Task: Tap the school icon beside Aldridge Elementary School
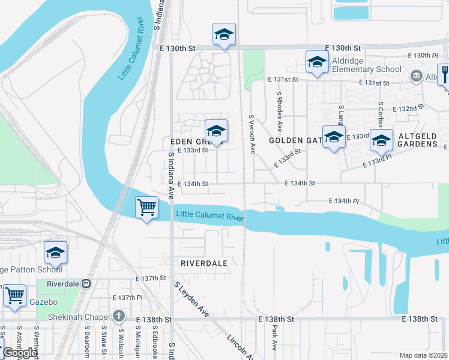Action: point(316,61)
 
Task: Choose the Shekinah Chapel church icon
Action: point(119,316)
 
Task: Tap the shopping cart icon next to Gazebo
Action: point(14,296)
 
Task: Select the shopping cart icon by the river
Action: point(146,208)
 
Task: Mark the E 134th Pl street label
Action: point(343,201)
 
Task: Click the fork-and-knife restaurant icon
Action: point(445,75)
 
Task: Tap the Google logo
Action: point(20,353)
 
